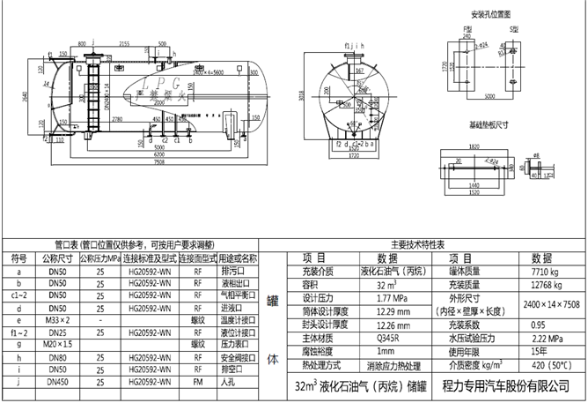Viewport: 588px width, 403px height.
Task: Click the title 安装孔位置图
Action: pos(491,14)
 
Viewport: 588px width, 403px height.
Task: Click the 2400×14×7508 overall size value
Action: pos(551,304)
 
